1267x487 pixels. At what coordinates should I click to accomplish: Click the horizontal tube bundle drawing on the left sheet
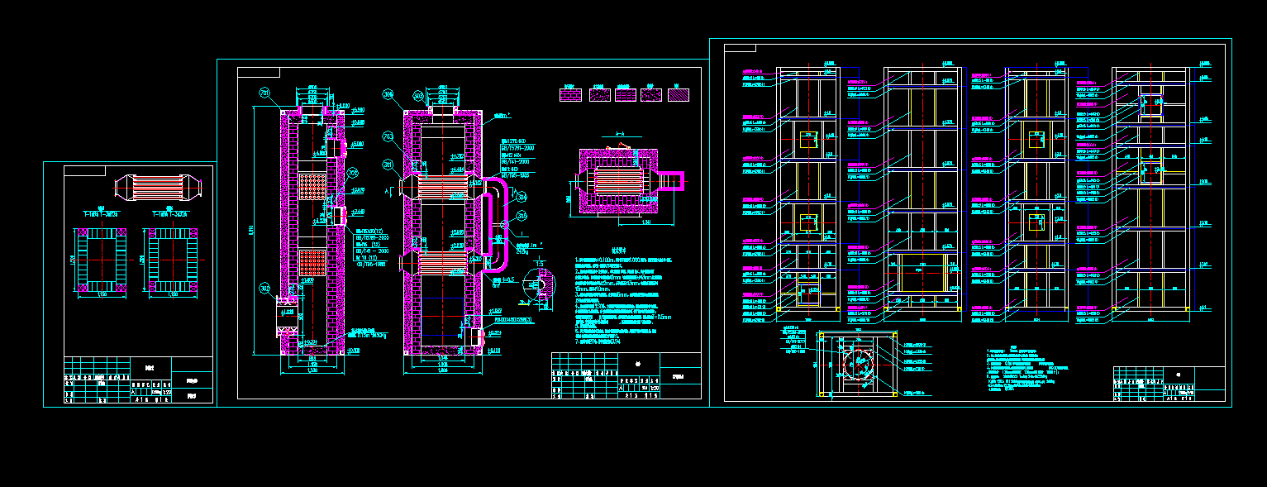coord(155,188)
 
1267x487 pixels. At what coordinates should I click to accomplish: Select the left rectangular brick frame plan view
coord(102,260)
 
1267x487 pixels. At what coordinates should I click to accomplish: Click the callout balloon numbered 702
coord(352,174)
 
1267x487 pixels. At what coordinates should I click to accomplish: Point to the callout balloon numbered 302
coord(264,288)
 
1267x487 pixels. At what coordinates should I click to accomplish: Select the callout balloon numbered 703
coord(388,136)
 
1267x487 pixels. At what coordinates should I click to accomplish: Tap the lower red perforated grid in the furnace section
coord(313,263)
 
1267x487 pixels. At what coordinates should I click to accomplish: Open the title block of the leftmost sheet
coord(139,380)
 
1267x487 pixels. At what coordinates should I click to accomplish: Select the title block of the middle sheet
coord(626,375)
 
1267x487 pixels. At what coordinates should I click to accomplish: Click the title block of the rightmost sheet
coord(1168,383)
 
